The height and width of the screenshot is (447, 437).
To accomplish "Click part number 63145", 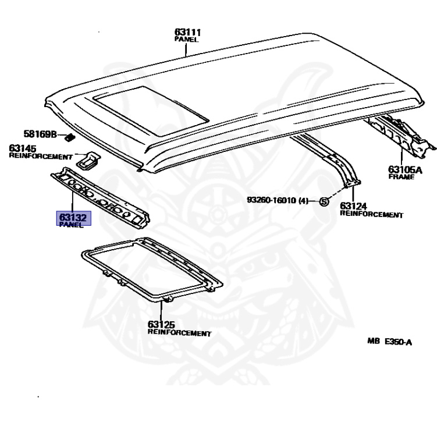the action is [22, 148].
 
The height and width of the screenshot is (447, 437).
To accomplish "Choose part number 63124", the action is [354, 206].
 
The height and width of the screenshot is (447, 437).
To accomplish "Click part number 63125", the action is [161, 325].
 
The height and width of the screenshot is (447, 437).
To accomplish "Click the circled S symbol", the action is [325, 201].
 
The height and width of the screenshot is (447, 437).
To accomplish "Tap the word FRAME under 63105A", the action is [401, 178].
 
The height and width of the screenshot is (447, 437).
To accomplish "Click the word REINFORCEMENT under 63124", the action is [371, 214].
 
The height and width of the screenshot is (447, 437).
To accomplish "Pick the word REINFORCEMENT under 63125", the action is [179, 333].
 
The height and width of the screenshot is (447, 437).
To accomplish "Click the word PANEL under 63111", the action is [186, 39].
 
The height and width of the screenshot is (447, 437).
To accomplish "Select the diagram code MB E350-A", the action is [389, 342].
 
